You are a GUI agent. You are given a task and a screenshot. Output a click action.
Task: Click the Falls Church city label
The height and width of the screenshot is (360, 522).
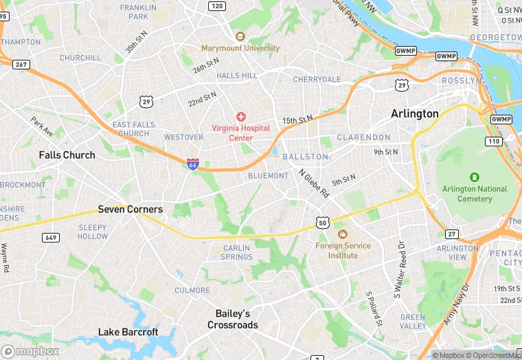[x=67, y=155]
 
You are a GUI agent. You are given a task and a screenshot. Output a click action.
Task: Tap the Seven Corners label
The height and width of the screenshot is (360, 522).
[x=130, y=209]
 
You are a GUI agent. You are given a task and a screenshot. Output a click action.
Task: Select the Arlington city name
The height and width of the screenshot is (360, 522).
[x=414, y=113]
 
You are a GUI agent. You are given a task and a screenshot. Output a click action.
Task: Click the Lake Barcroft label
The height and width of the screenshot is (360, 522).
[x=128, y=332]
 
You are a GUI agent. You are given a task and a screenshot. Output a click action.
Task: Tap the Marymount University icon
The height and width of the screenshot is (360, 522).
[x=240, y=36]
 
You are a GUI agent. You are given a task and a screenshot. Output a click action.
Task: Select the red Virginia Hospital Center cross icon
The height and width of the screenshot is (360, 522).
[x=241, y=117]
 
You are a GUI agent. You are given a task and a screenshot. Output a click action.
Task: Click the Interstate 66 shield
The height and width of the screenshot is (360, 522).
[x=193, y=164]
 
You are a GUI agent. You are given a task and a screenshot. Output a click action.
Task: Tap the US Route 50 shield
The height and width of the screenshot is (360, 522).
[x=323, y=222]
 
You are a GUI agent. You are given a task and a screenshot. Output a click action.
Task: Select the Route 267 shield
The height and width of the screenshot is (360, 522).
[x=21, y=64]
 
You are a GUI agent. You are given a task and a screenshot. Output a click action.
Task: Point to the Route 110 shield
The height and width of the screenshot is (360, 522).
[x=492, y=141]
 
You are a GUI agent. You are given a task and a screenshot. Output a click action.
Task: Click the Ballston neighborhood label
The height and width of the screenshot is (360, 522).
[x=306, y=157]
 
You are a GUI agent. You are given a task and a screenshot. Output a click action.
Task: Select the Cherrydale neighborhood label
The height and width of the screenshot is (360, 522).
[x=317, y=80]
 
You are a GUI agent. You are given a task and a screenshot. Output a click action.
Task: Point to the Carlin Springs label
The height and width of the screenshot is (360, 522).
[x=236, y=252]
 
